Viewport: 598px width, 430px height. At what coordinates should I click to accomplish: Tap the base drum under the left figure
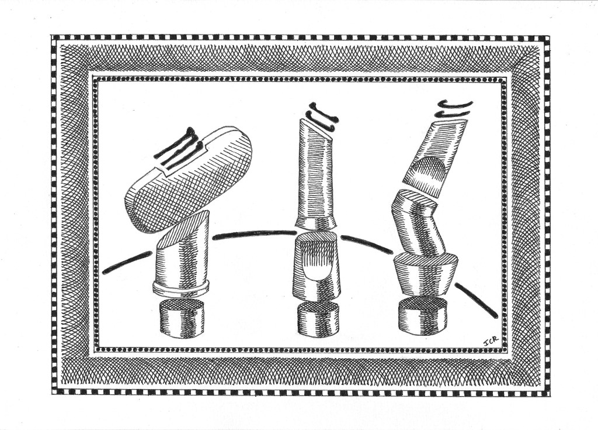click(x=182, y=318)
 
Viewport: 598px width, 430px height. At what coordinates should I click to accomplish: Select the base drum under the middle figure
click(x=318, y=319)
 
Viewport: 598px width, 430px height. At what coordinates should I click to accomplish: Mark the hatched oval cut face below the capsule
click(x=182, y=229)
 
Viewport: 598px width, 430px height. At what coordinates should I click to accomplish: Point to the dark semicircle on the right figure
click(x=430, y=167)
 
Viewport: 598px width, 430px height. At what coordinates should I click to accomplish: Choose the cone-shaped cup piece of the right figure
click(x=425, y=274)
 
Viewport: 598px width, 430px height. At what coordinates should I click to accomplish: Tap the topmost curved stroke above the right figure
click(x=456, y=104)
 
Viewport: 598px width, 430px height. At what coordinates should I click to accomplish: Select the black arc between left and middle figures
click(x=255, y=233)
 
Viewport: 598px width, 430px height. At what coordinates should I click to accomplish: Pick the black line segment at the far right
click(x=477, y=300)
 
